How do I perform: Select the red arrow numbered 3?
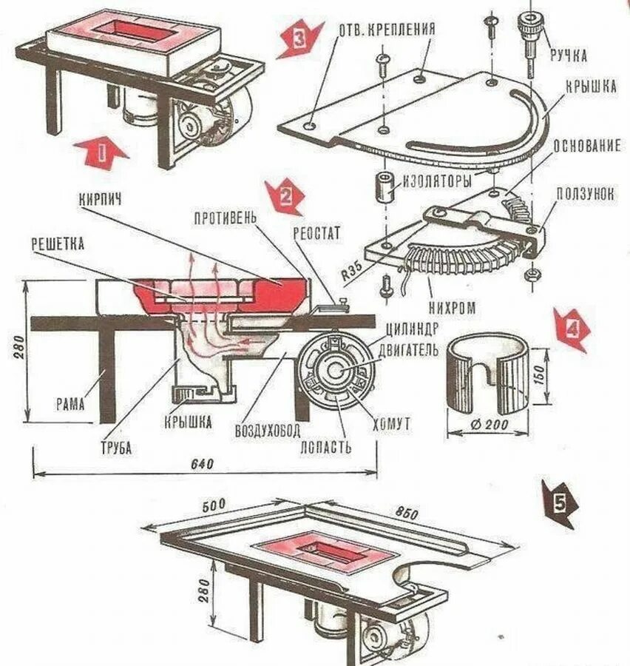pyautogui.click(x=299, y=41)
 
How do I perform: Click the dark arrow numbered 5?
pyautogui.click(x=559, y=503)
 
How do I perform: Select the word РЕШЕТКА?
pyautogui.click(x=58, y=242)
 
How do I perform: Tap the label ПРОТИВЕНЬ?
pyautogui.click(x=225, y=218)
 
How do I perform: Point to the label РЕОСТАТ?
pyautogui.click(x=317, y=234)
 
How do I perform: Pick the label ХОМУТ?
pyautogui.click(x=392, y=423)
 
